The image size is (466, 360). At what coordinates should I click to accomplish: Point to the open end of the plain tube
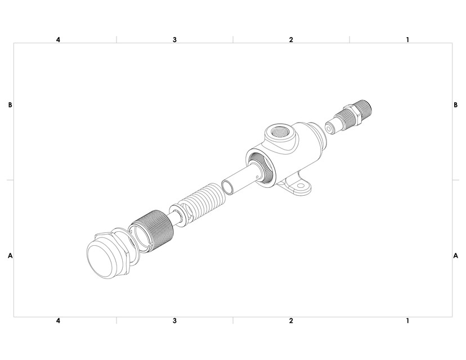(228, 186)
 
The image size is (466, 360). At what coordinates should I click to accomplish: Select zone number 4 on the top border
(59, 40)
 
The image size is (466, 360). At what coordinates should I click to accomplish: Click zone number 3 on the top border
(175, 40)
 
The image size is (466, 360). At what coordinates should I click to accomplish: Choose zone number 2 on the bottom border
(291, 321)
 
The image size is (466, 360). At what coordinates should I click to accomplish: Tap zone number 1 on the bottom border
(407, 321)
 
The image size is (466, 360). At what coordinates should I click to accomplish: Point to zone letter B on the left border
(10, 105)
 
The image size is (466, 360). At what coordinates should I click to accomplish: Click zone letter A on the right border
(455, 255)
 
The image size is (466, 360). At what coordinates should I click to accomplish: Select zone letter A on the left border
(10, 255)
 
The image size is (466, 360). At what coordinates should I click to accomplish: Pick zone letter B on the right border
(455, 105)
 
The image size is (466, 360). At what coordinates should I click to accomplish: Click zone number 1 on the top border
(407, 40)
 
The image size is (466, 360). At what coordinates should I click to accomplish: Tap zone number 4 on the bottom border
(59, 321)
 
